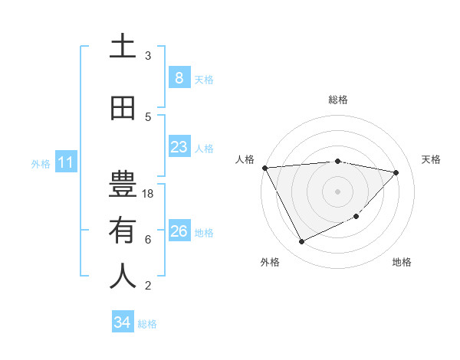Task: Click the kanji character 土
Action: [x=123, y=47]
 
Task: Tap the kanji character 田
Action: [x=123, y=109]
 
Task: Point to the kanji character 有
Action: [x=123, y=231]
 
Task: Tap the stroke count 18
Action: [x=149, y=194]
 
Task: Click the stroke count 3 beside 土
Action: [x=148, y=55]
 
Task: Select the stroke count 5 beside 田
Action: [x=148, y=116]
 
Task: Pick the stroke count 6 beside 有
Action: [x=148, y=239]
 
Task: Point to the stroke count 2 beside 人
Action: [x=148, y=285]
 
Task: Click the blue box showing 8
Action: [x=179, y=77]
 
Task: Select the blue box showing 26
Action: [x=179, y=231]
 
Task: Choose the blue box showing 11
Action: [x=65, y=162]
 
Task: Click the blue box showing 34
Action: [x=122, y=322]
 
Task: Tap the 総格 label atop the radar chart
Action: [x=338, y=100]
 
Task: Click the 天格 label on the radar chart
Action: [x=432, y=159]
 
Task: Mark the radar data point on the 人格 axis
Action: [x=264, y=168]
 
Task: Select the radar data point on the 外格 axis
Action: [x=301, y=242]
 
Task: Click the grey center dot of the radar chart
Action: [x=338, y=191]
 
